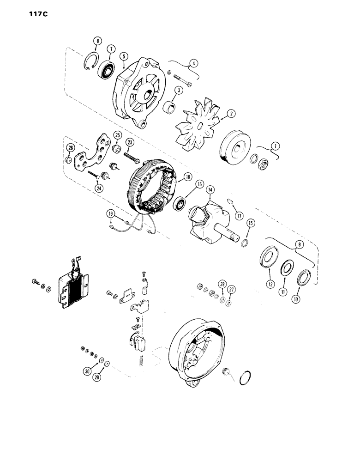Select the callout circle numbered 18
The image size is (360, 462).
click(x=188, y=176)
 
